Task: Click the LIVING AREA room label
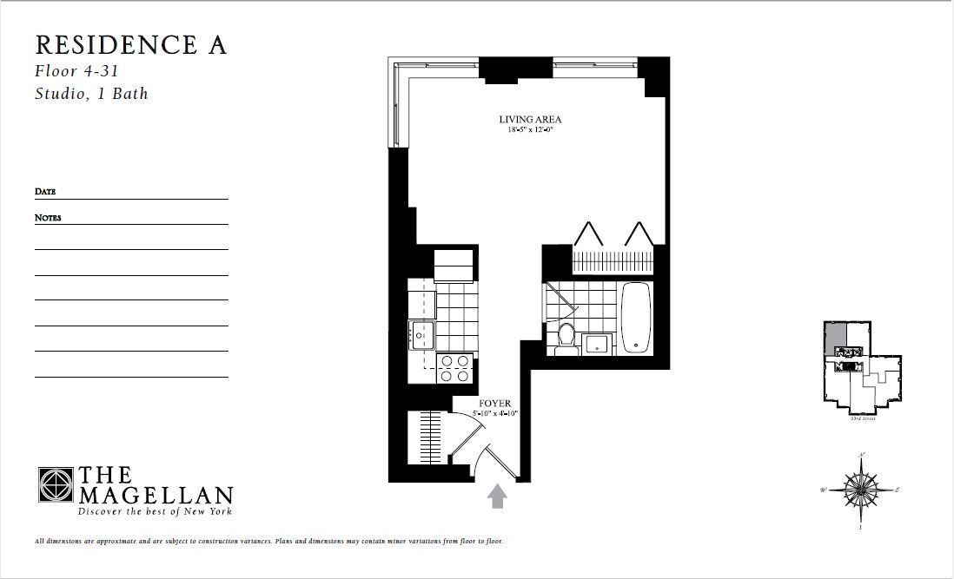click(x=530, y=120)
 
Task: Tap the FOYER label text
click(x=495, y=404)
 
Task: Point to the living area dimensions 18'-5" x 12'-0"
click(x=530, y=130)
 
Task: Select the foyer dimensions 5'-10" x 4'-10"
click(x=495, y=414)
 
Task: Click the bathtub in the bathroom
click(x=636, y=317)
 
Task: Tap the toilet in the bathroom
click(x=566, y=335)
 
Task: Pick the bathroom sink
click(x=597, y=344)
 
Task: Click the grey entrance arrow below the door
click(x=497, y=496)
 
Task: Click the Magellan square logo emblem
click(x=56, y=484)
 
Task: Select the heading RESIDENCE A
click(x=130, y=45)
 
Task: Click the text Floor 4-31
click(x=76, y=71)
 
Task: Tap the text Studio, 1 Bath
click(x=91, y=93)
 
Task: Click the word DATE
click(x=45, y=192)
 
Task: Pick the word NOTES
click(x=48, y=218)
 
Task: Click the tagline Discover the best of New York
click(x=156, y=512)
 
